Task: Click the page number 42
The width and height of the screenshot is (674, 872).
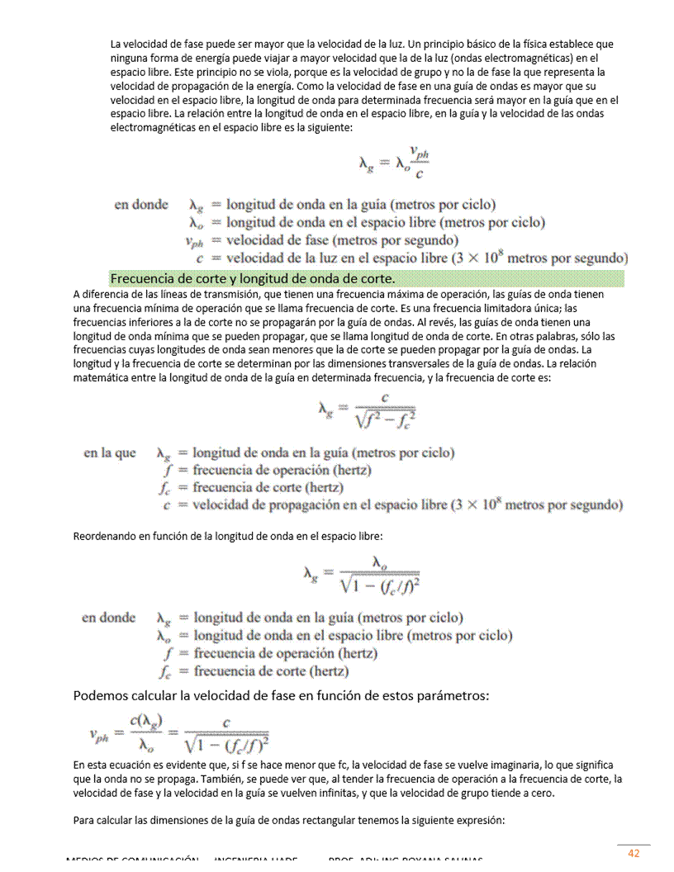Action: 634,853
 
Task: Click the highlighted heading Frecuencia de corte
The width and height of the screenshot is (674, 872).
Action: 253,277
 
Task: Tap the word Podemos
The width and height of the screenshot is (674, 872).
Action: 101,695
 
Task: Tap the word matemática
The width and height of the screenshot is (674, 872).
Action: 103,377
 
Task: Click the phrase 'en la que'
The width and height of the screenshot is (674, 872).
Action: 110,453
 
